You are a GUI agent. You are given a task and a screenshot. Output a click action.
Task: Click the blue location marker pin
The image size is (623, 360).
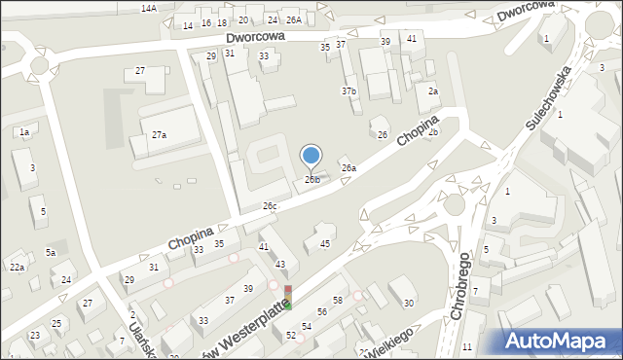311,157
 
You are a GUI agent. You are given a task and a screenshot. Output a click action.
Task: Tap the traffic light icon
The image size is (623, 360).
287,298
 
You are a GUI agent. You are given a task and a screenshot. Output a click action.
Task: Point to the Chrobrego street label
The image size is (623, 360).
461,292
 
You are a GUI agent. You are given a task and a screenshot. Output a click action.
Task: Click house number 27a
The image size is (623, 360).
159,135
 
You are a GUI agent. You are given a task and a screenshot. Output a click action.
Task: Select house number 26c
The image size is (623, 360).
270,206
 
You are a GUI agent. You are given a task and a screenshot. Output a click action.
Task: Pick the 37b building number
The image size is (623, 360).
348,90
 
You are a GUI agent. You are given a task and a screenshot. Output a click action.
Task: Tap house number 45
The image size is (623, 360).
325,243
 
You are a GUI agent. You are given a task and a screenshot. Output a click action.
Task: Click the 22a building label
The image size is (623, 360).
17,267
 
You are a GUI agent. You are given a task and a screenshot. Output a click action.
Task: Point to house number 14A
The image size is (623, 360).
148,8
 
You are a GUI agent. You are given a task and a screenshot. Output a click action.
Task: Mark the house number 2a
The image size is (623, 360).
433,90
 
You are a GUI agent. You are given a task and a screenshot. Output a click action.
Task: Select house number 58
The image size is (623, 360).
338,301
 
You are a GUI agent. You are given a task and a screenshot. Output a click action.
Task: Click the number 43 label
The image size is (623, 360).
280,265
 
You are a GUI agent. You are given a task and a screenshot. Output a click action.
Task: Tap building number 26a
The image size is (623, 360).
348,168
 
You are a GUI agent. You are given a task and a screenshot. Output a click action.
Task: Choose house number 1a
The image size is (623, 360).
24,131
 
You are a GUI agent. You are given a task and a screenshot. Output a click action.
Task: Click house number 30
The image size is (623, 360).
409,304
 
